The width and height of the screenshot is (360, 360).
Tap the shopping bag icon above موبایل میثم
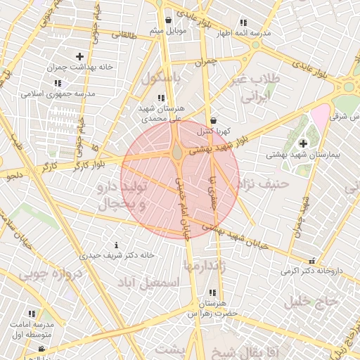pyautogui.click(x=168, y=20)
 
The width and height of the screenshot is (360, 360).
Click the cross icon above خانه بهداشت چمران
pyautogui.click(x=79, y=56)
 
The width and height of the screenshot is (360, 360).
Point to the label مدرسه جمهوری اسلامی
pyautogui.click(x=53, y=93)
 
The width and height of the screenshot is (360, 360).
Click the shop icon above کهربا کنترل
pyautogui.click(x=213, y=121)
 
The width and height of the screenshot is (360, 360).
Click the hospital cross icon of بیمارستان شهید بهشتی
pyautogui.click(x=303, y=143)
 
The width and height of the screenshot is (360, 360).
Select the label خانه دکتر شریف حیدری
pyautogui.click(x=117, y=255)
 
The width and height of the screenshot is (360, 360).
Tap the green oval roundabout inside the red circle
pyautogui.click(x=178, y=153)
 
